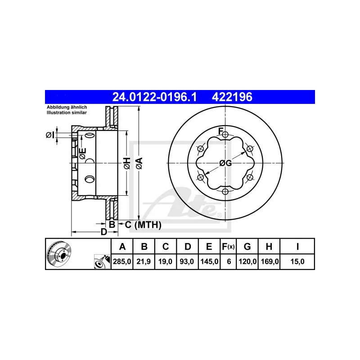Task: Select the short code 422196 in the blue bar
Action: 232,97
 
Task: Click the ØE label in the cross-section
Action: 82,153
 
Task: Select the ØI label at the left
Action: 50,134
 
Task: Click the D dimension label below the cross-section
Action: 103,232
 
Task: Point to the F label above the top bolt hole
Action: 220,131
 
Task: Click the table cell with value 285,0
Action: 121,261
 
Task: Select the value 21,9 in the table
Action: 144,261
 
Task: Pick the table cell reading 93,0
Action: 188,261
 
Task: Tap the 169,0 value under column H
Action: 269,261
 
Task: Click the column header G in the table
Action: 247,246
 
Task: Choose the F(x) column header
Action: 228,246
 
